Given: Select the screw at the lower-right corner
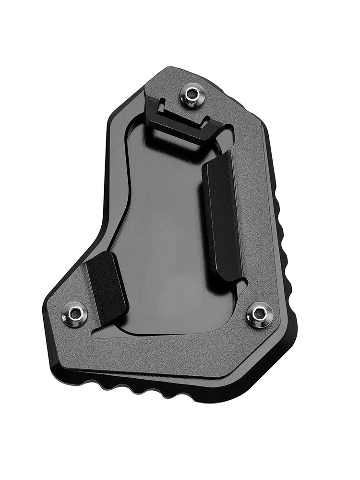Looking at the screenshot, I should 260,315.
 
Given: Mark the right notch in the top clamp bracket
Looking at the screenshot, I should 206,118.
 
